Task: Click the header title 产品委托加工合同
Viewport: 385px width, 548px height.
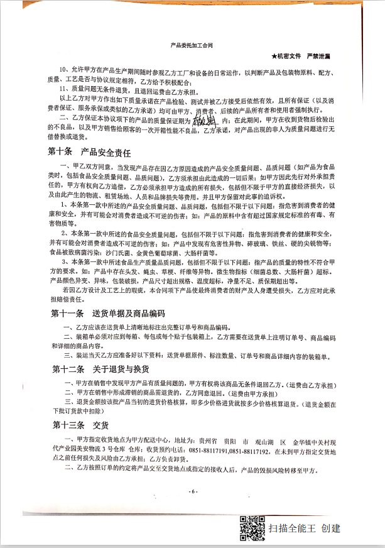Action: pyautogui.click(x=192, y=46)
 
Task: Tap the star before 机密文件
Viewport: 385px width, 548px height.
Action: pyautogui.click(x=274, y=57)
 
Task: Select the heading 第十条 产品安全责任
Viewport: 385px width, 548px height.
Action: pyautogui.click(x=89, y=153)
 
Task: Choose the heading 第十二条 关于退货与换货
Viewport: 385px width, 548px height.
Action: pyautogui.click(x=104, y=369)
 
